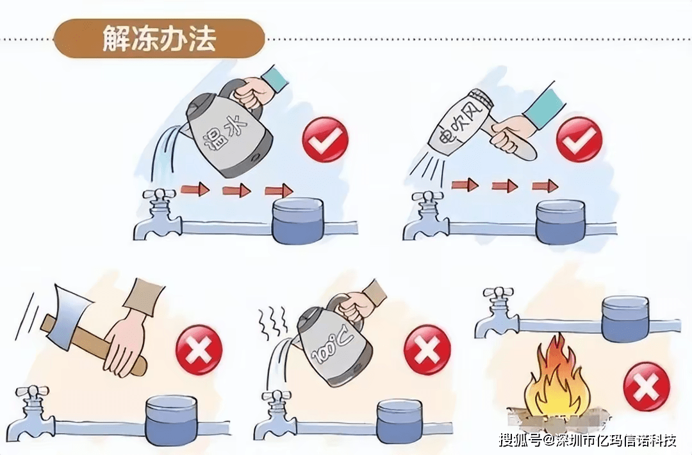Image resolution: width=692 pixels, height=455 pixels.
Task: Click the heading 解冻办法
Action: (159, 38)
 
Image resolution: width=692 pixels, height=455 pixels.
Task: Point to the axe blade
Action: (70, 315)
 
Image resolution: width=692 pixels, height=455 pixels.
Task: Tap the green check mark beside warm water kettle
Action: (325, 140)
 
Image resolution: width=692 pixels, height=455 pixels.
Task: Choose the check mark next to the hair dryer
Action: (579, 140)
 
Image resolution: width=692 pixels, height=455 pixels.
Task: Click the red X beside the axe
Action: (199, 350)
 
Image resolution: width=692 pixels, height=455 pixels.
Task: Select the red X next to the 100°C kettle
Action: (427, 349)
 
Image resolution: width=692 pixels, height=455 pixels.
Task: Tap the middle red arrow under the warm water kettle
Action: (236, 191)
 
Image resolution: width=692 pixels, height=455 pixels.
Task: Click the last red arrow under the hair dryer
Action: (545, 186)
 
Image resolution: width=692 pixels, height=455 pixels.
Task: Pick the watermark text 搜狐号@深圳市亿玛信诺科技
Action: (588, 440)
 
